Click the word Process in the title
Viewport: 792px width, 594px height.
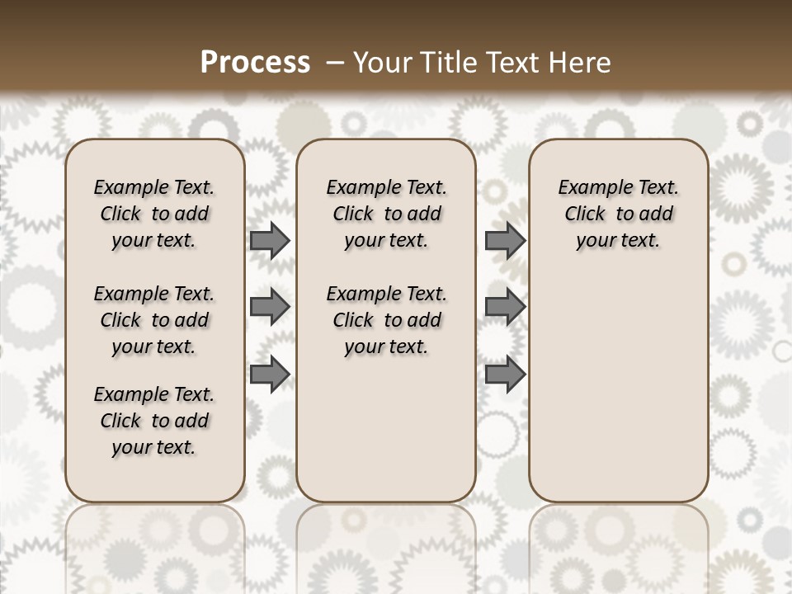[x=255, y=63]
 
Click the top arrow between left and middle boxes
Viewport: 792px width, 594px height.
[x=270, y=240]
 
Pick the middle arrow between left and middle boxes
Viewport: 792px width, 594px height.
[x=270, y=307]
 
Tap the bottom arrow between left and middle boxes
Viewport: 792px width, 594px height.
[x=270, y=374]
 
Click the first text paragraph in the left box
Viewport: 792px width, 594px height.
[x=154, y=214]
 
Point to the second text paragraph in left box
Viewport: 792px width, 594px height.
[x=154, y=320]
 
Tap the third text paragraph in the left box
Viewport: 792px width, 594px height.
[x=154, y=421]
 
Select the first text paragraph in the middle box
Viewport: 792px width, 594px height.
[x=386, y=214]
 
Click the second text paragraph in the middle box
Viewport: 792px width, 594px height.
[x=386, y=320]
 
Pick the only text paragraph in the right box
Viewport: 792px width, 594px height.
[x=618, y=214]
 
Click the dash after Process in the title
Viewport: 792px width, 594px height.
[x=334, y=63]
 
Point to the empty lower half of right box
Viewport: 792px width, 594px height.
[x=618, y=396]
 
